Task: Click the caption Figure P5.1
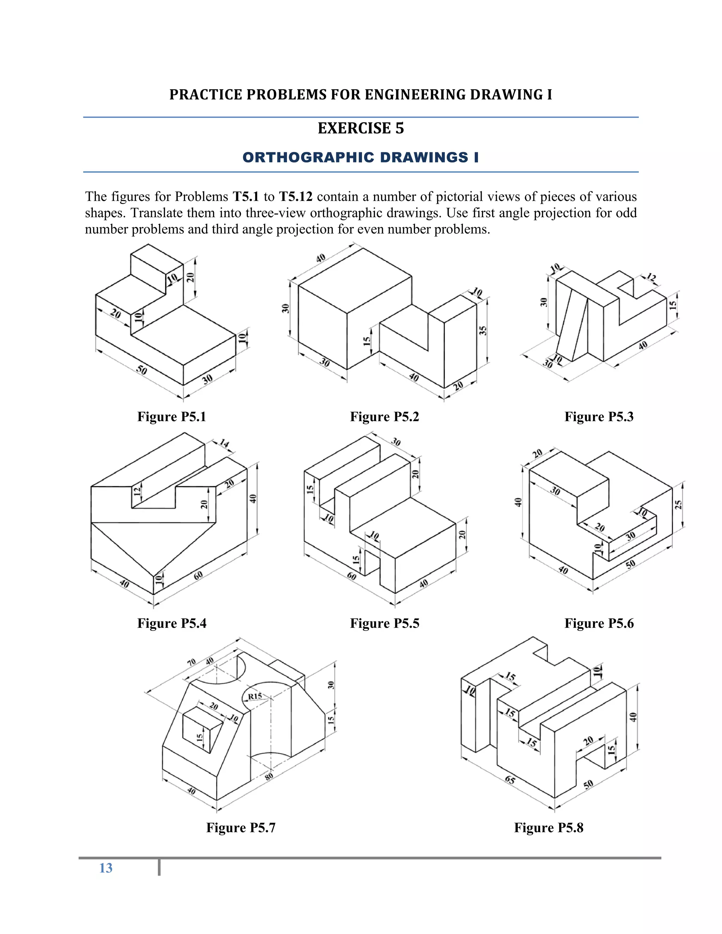pyautogui.click(x=172, y=417)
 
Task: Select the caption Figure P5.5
pyautogui.click(x=385, y=623)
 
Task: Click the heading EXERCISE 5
pyautogui.click(x=361, y=128)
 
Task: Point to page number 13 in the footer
pyautogui.click(x=106, y=868)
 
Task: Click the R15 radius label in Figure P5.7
pyautogui.click(x=255, y=696)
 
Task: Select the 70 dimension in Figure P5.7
pyautogui.click(x=192, y=663)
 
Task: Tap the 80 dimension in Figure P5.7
pyautogui.click(x=269, y=776)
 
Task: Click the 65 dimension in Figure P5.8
pyautogui.click(x=510, y=780)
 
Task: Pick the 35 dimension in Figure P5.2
pyautogui.click(x=483, y=331)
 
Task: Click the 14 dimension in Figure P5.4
pyautogui.click(x=225, y=443)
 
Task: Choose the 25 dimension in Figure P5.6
pyautogui.click(x=678, y=505)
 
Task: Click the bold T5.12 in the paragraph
pyautogui.click(x=295, y=197)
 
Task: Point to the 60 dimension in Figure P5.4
pyautogui.click(x=198, y=575)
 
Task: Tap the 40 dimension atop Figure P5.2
pyautogui.click(x=320, y=258)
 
